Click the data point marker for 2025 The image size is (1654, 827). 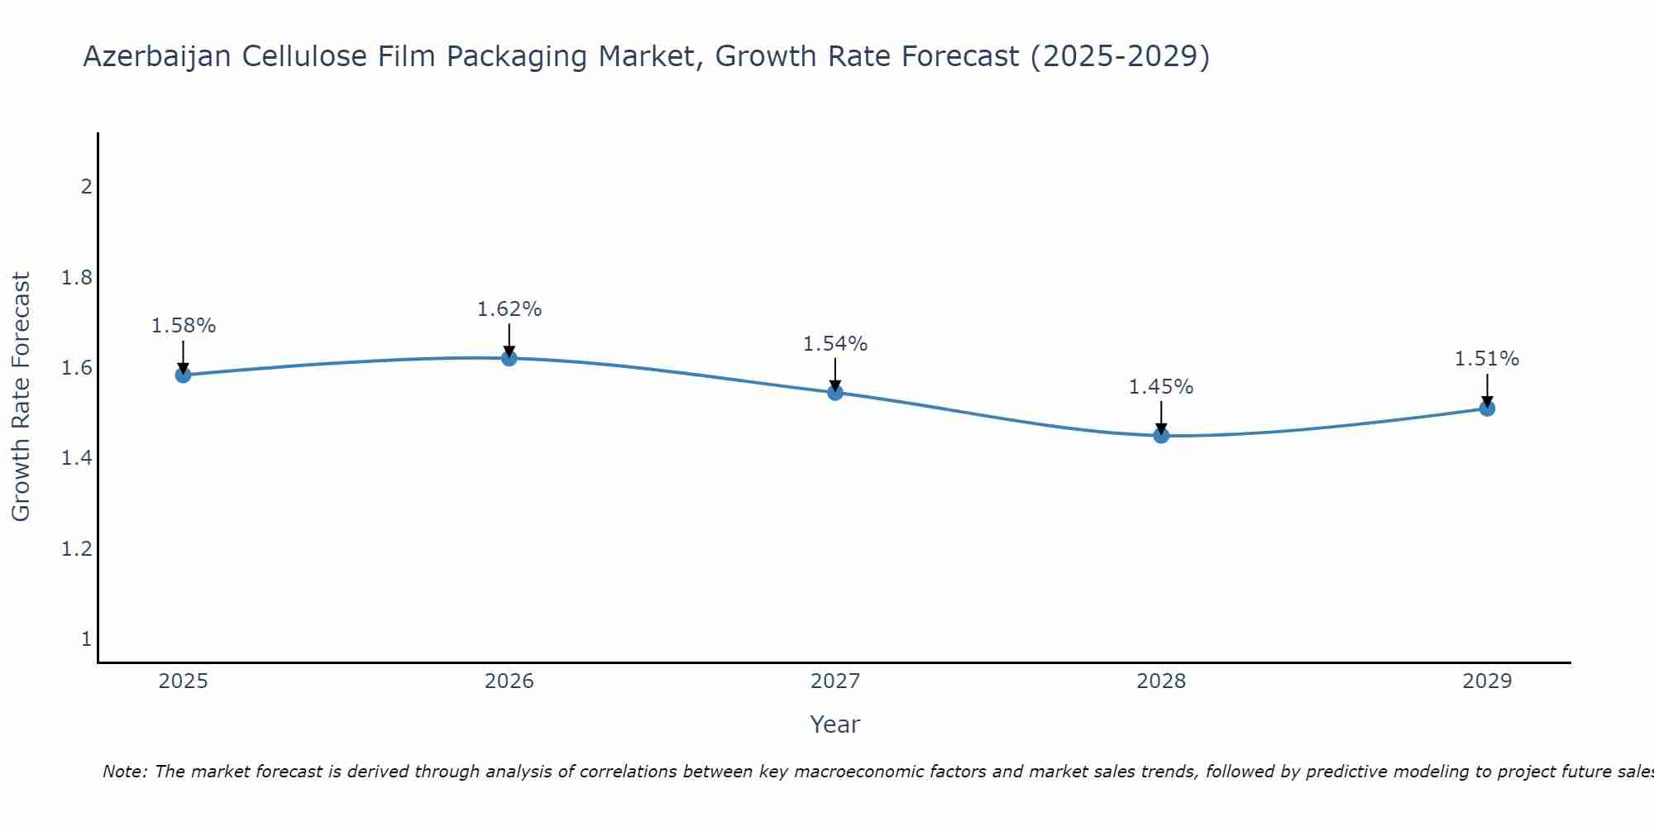[183, 375]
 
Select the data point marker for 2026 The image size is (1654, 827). [509, 357]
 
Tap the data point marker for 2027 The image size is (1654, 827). [834, 392]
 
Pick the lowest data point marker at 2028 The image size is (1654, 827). [1160, 435]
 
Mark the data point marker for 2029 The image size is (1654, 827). [1486, 408]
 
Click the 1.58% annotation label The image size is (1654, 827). [183, 326]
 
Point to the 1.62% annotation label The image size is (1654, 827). [509, 309]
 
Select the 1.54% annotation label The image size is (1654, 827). [834, 344]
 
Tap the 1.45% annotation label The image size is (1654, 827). [1160, 387]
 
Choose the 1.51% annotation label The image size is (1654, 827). [1486, 359]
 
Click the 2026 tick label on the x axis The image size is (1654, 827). [509, 681]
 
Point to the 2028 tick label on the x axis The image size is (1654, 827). [1160, 681]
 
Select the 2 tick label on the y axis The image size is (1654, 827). [86, 186]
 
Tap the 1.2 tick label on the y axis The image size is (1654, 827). [76, 548]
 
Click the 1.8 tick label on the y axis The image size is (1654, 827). [76, 277]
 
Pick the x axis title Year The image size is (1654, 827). [834, 724]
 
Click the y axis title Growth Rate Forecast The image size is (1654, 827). [21, 397]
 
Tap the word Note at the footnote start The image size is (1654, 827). [124, 772]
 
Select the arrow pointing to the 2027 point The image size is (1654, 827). [834, 374]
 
